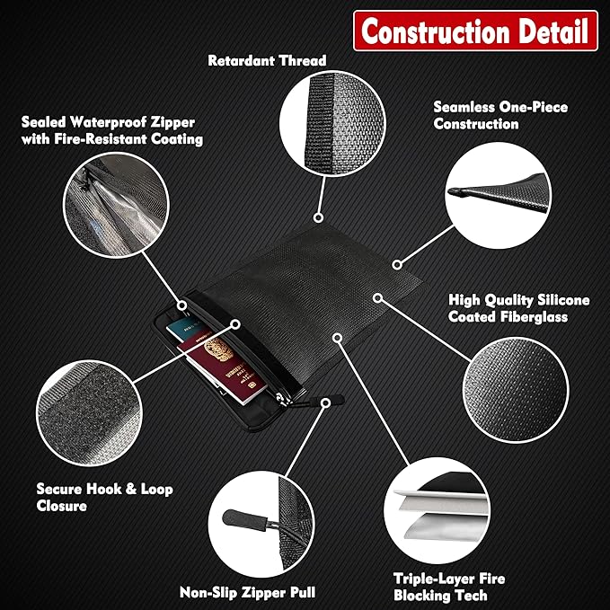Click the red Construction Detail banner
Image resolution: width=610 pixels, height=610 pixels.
point(475,31)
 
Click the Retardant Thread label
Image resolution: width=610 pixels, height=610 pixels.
point(267,60)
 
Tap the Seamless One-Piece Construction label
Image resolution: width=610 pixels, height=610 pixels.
point(500,115)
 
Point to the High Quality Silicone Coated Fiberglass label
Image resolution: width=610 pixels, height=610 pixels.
point(518,308)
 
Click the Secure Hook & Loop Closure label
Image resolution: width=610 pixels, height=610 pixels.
point(104,497)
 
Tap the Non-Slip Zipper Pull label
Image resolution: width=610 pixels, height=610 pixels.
point(247,592)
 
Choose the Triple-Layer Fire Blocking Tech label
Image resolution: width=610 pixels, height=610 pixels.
point(449,587)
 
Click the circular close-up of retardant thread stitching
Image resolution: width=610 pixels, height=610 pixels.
point(332,123)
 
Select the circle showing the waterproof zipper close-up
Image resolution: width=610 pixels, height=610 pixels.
point(116,205)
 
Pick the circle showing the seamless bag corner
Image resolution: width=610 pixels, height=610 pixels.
point(498,195)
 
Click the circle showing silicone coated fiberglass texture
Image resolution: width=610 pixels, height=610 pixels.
point(516,390)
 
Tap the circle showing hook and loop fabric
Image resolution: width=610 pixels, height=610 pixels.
point(89,413)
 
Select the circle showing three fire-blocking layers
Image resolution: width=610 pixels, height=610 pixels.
point(437,510)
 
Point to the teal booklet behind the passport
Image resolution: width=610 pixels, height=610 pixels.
point(186,325)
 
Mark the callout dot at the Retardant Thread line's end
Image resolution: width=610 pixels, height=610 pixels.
point(318,217)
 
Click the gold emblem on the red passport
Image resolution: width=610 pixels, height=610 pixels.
point(218,349)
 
